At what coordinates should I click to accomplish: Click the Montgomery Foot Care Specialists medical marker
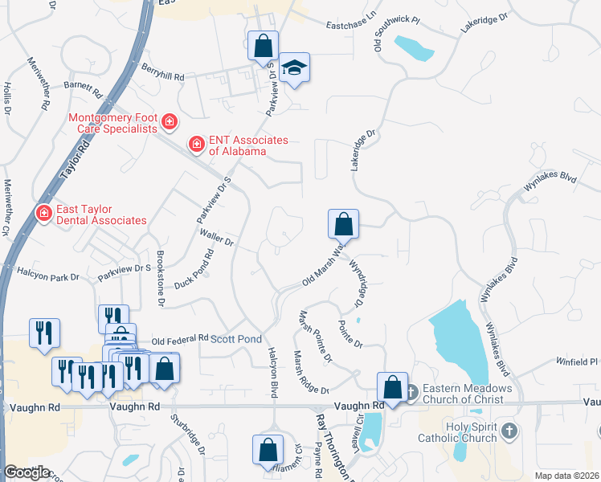170,122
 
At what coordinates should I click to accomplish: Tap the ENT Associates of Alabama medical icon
196,145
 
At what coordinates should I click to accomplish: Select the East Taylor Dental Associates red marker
43,213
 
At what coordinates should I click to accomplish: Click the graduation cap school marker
295,70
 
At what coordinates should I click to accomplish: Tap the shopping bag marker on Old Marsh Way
343,223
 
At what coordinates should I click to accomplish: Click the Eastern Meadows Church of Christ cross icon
411,393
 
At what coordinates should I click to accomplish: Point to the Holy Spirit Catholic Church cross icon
508,432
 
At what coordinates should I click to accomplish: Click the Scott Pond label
236,340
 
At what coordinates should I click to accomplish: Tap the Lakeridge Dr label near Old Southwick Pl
485,23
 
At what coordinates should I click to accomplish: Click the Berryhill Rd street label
162,73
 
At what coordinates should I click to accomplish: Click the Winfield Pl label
577,362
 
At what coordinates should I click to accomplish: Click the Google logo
27,472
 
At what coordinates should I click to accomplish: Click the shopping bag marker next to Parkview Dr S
263,45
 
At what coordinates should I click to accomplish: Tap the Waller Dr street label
216,238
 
